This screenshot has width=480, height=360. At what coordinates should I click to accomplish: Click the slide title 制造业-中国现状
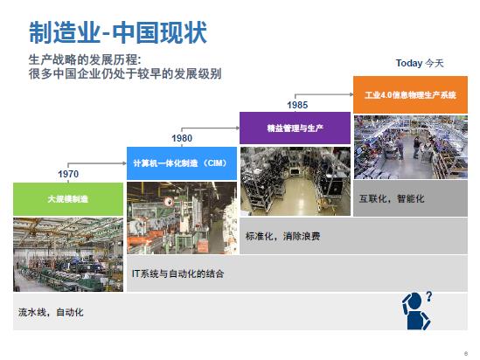click(x=118, y=32)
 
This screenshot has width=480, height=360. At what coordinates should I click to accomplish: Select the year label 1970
click(x=68, y=174)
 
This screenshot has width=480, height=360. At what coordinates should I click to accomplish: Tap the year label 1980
click(x=182, y=138)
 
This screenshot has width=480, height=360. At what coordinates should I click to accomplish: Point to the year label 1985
click(x=297, y=105)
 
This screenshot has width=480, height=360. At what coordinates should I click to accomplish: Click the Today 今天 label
click(x=420, y=63)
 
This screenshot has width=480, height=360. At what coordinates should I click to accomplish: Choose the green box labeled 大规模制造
click(x=68, y=199)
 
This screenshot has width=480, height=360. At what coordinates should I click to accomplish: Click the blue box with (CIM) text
click(x=182, y=163)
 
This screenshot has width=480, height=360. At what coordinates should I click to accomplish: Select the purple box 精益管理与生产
click(x=296, y=128)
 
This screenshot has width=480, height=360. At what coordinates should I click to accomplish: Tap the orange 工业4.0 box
click(x=411, y=95)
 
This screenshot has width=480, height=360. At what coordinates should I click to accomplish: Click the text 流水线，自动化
click(x=51, y=312)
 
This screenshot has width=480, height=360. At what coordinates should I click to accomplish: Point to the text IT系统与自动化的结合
click(x=177, y=273)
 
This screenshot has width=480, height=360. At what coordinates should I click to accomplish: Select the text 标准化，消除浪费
click(x=283, y=236)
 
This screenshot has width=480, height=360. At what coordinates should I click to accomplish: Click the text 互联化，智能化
click(x=392, y=199)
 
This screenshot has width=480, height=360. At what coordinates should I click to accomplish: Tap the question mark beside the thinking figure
click(x=429, y=297)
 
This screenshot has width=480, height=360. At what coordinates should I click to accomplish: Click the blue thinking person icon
click(x=415, y=311)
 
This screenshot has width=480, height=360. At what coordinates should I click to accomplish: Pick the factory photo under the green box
click(x=68, y=254)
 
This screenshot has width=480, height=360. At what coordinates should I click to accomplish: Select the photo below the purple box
click(x=296, y=182)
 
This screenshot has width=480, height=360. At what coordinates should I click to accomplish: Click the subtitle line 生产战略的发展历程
click(x=85, y=59)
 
